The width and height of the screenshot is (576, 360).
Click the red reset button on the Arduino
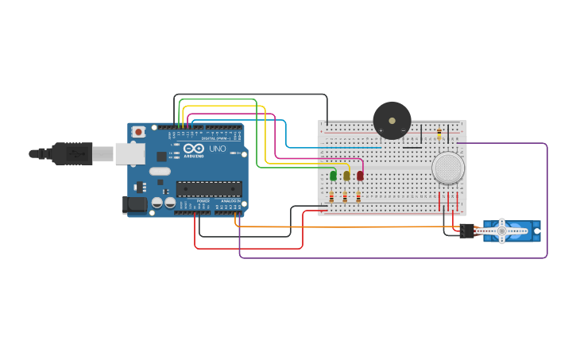(x=139, y=131)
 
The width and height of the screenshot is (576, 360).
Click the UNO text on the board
(x=217, y=149)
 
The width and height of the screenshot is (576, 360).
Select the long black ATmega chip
(x=209, y=188)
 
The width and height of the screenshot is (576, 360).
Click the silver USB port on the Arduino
(x=130, y=153)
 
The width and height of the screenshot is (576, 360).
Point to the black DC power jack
(x=136, y=204)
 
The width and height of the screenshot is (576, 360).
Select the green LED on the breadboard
(x=333, y=176)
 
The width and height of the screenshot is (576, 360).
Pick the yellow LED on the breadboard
(x=346, y=176)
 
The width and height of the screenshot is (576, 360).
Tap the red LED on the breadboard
(x=360, y=176)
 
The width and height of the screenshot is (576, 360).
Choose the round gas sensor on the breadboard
(x=448, y=168)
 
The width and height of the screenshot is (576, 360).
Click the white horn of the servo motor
(x=501, y=231)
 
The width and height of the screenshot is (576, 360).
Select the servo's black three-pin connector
(x=467, y=231)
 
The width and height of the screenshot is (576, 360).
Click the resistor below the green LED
(x=331, y=196)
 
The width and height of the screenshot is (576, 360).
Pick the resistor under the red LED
(x=358, y=196)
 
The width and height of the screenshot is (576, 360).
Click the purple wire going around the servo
(x=547, y=199)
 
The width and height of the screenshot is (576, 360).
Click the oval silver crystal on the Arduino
(x=160, y=171)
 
